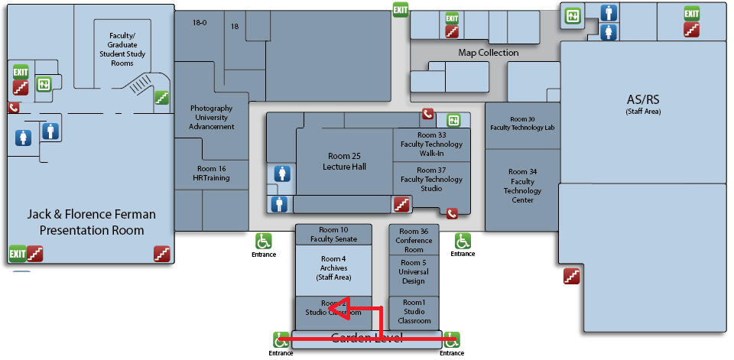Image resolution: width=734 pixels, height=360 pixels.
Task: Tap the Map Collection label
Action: click(488, 53)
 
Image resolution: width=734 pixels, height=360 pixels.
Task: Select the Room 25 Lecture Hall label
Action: click(344, 161)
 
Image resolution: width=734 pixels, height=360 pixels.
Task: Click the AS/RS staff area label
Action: click(642, 104)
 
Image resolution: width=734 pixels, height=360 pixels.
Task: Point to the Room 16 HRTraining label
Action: click(212, 174)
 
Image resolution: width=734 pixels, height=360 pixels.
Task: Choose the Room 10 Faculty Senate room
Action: click(333, 235)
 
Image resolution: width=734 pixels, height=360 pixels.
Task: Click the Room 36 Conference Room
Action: click(414, 240)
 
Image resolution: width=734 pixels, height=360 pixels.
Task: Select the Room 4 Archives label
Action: click(333, 268)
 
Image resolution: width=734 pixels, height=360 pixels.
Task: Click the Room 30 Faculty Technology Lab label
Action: click(522, 123)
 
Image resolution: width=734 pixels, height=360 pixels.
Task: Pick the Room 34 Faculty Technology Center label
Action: click(522, 186)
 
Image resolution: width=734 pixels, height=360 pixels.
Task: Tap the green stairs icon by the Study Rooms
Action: click(161, 97)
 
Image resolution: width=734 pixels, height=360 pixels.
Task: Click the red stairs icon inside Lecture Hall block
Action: click(401, 204)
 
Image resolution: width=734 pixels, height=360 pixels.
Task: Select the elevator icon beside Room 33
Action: click(453, 120)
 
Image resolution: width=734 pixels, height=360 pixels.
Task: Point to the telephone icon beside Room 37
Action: click(452, 214)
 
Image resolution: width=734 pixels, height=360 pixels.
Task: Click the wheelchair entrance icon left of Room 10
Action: click(264, 241)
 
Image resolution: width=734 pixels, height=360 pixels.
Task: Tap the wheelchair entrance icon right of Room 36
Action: click(463, 241)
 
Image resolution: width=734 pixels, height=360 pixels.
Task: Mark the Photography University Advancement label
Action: click(212, 118)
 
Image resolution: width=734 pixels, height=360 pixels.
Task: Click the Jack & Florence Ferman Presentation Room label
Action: click(92, 222)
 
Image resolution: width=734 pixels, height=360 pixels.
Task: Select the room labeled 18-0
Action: click(199, 23)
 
